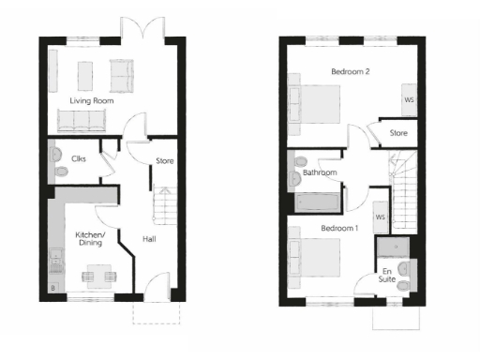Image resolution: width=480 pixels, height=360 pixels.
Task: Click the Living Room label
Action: coord(91,98)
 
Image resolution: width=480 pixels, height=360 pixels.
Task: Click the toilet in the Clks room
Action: coord(59,172)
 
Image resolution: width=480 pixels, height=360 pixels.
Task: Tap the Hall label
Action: coord(149,238)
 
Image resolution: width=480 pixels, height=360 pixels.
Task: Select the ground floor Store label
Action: coord(165,161)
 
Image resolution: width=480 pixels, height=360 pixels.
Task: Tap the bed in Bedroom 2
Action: coord(320,101)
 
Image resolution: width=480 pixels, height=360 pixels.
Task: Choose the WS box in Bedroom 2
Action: coord(409,99)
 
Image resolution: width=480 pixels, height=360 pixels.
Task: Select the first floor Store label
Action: coord(399,133)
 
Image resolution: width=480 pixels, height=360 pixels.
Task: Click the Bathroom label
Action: coord(319,173)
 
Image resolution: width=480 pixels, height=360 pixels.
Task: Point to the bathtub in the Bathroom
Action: coord(319,202)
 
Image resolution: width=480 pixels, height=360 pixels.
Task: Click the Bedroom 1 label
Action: coord(338,229)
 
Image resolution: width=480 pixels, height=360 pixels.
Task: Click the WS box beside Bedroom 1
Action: coord(381,217)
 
